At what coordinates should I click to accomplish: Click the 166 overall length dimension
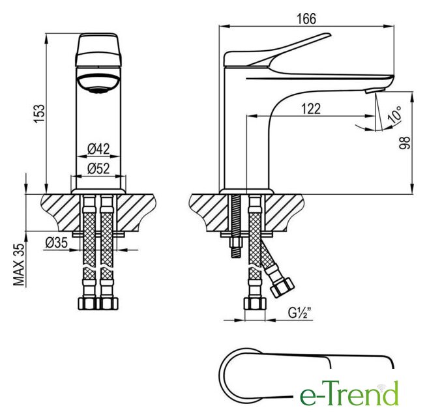(x=306, y=19)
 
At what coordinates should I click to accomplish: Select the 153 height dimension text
(x=39, y=113)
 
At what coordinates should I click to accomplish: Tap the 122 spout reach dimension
(x=311, y=109)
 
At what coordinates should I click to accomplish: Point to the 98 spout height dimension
(x=405, y=143)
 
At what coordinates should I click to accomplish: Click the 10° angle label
(x=395, y=114)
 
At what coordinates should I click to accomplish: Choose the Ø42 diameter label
(x=98, y=149)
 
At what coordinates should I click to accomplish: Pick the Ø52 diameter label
(x=98, y=169)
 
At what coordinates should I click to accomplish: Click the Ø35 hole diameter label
(x=56, y=242)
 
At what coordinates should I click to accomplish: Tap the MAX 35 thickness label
(x=19, y=264)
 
